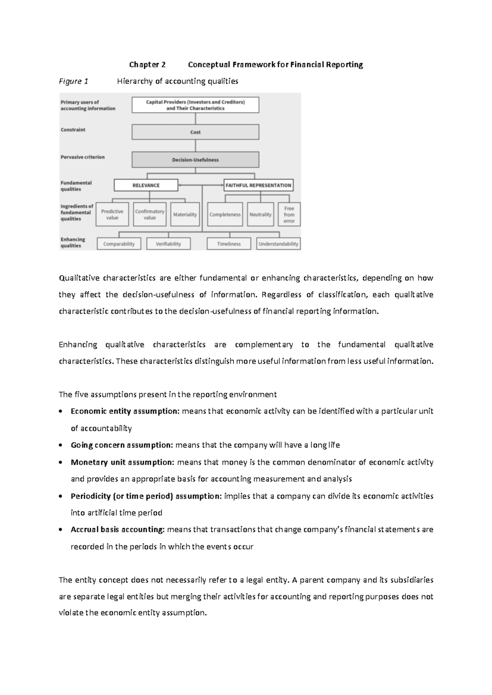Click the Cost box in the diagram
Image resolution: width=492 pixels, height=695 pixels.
click(x=195, y=132)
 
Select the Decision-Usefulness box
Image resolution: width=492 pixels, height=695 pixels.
click(x=195, y=160)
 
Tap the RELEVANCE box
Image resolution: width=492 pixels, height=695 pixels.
click(x=146, y=185)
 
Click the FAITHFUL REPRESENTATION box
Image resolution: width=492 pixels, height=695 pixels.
click(x=258, y=185)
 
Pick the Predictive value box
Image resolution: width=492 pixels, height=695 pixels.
click(x=112, y=214)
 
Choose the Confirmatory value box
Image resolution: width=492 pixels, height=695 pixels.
click(x=150, y=214)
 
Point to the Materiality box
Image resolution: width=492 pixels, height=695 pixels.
click(x=185, y=214)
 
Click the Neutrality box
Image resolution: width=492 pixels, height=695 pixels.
click(x=260, y=214)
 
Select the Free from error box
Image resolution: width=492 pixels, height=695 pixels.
click(x=289, y=214)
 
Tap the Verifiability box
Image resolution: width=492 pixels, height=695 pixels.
click(x=169, y=244)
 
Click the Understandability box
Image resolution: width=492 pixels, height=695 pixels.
click(x=278, y=244)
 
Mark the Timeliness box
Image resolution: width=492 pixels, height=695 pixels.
click(x=229, y=244)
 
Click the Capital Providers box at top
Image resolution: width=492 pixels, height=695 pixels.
click(x=195, y=105)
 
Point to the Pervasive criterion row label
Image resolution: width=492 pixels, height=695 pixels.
click(x=82, y=157)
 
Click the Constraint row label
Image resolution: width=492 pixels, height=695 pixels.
click(x=73, y=129)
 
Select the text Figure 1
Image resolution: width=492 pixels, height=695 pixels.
click(x=73, y=81)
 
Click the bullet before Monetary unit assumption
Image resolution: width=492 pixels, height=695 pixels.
click(x=61, y=463)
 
